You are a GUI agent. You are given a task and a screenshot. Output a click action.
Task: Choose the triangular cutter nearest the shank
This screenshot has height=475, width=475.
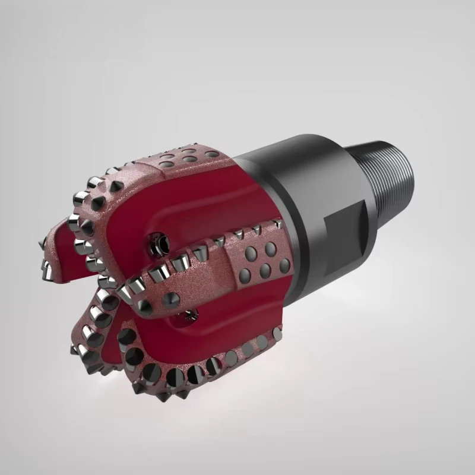(x=277, y=224)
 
